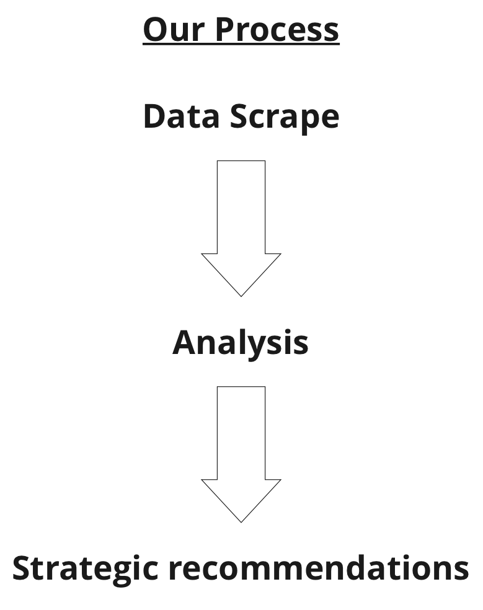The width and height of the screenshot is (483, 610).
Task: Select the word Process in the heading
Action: (x=277, y=29)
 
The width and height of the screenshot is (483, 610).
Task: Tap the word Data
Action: (x=182, y=116)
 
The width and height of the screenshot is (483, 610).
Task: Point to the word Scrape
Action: (x=285, y=118)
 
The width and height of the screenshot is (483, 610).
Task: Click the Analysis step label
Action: (x=241, y=344)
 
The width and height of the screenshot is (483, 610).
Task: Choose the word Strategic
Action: (x=85, y=570)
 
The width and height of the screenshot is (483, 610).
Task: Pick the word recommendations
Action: (x=319, y=568)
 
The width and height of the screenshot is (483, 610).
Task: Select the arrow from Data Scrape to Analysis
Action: (x=241, y=228)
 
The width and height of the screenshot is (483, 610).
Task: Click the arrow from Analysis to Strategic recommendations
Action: (x=241, y=454)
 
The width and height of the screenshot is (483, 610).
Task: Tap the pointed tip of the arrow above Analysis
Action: (x=241, y=296)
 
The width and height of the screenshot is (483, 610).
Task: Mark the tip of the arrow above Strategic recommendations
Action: (x=241, y=523)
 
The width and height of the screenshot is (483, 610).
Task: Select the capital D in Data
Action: (x=154, y=116)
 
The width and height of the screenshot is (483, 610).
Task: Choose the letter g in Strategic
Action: (x=121, y=574)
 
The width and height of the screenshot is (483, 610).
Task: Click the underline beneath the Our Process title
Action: (x=241, y=44)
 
